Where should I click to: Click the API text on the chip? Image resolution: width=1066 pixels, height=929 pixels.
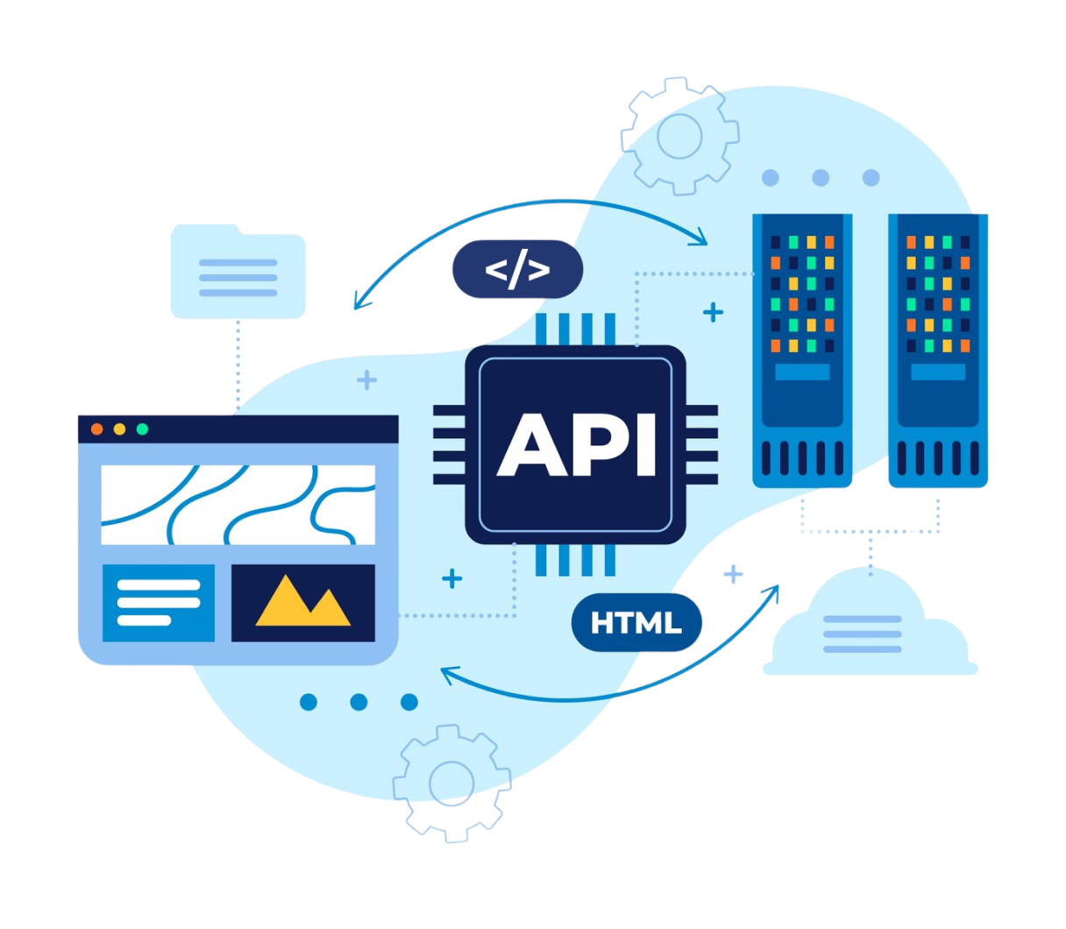pyautogui.click(x=576, y=445)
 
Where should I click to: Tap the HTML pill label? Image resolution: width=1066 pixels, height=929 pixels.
pyautogui.click(x=636, y=623)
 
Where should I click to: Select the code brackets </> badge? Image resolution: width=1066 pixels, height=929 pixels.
pyautogui.click(x=517, y=269)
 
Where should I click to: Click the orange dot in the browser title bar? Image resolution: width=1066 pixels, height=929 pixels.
pyautogui.click(x=97, y=429)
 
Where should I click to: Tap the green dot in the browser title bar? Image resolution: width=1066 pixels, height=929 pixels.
pyautogui.click(x=142, y=429)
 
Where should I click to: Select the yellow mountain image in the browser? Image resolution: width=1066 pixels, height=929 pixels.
pyautogui.click(x=302, y=602)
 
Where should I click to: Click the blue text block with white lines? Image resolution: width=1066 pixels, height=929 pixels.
pyautogui.click(x=159, y=602)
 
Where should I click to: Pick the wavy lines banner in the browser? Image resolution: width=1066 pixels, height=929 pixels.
pyautogui.click(x=238, y=505)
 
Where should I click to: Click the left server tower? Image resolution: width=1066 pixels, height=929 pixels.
pyautogui.click(x=802, y=351)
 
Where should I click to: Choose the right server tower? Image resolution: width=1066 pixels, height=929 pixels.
pyautogui.click(x=937, y=351)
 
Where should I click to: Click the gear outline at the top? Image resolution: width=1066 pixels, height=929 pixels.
pyautogui.click(x=679, y=137)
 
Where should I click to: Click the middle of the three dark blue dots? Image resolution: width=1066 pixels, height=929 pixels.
pyautogui.click(x=359, y=702)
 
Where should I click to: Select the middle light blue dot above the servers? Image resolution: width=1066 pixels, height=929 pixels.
pyautogui.click(x=821, y=178)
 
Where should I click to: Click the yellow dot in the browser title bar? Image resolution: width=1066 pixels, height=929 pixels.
pyautogui.click(x=120, y=429)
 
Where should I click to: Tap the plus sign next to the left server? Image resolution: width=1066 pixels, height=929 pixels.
pyautogui.click(x=714, y=311)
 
